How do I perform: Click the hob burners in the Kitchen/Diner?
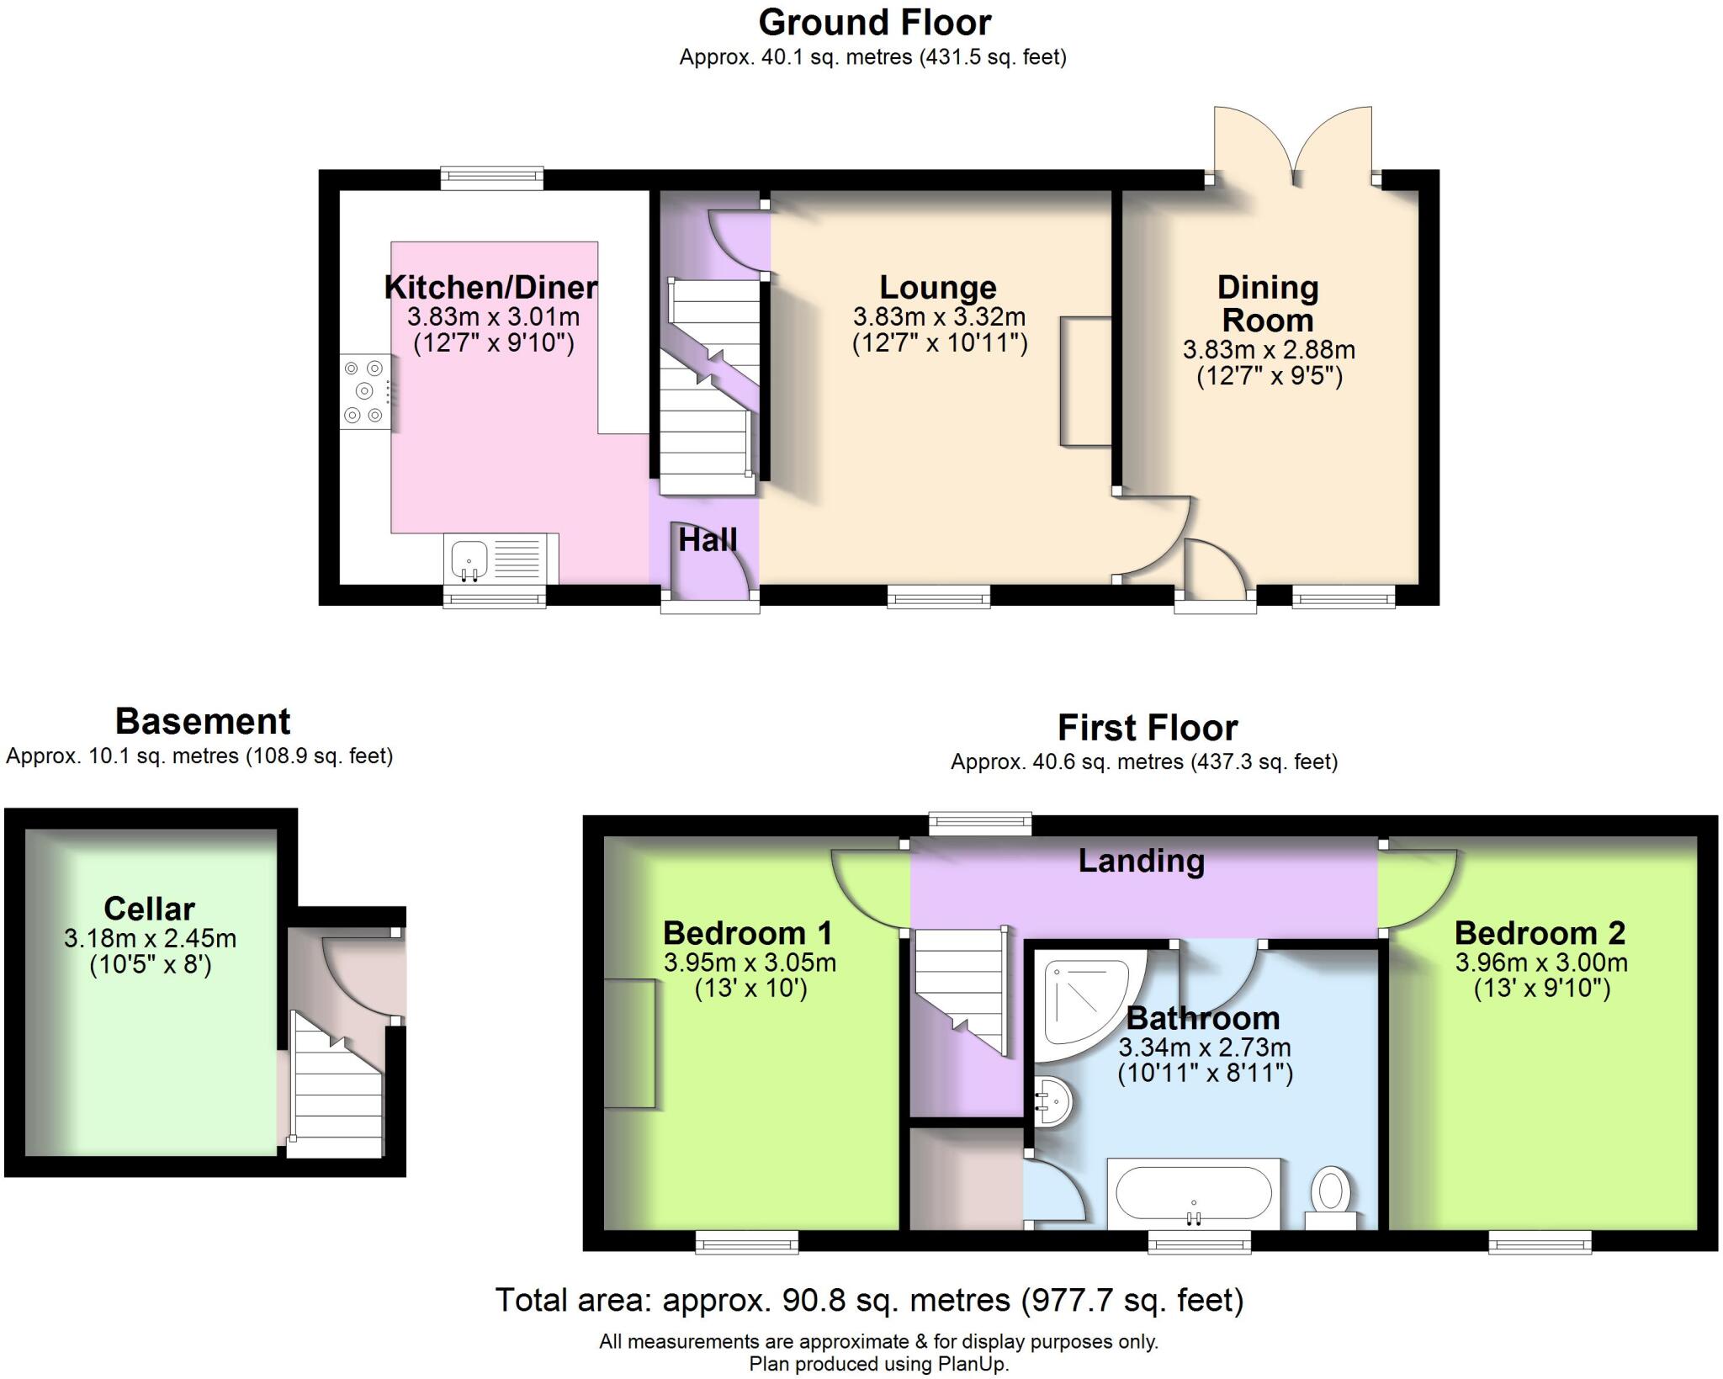point(364,391)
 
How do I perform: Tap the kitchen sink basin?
point(469,558)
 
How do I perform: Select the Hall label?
point(708,540)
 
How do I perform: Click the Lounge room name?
point(938,288)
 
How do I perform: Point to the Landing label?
point(1142,861)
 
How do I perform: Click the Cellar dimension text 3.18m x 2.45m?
point(150,939)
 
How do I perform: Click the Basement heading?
point(202,722)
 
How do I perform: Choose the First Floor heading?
point(1148,728)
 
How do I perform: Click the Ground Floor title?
point(875,23)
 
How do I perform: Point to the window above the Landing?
point(980,823)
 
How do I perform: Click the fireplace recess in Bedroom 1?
point(629,1043)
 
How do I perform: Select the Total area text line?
point(869,1301)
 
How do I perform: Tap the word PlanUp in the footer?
point(972,1364)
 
